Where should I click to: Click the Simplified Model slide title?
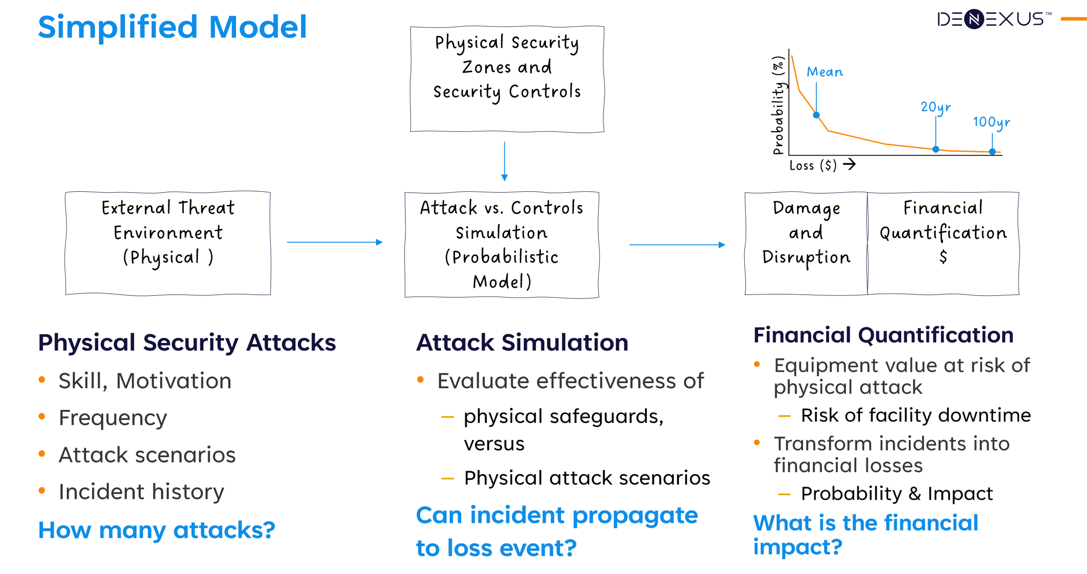tap(172, 27)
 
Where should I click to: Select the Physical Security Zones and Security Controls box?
tap(507, 79)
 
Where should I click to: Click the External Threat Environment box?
tap(168, 243)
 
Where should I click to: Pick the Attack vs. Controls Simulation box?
tap(502, 244)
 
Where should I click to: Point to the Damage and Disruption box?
tap(806, 243)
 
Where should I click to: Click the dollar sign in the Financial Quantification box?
tap(943, 257)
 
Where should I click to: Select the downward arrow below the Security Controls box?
tap(504, 161)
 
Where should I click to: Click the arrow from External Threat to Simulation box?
tap(334, 242)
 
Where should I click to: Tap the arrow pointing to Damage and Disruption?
tap(677, 245)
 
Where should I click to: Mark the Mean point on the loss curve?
tap(816, 115)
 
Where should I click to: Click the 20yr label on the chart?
tap(935, 107)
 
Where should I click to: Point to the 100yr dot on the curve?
tap(992, 152)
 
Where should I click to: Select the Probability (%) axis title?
tap(778, 105)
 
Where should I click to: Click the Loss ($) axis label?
tap(813, 165)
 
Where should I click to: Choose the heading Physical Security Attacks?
tap(187, 342)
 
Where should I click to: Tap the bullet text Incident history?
tap(141, 492)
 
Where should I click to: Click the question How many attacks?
tap(156, 530)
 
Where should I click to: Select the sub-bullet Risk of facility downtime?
tap(916, 415)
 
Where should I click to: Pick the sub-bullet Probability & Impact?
tap(896, 493)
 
